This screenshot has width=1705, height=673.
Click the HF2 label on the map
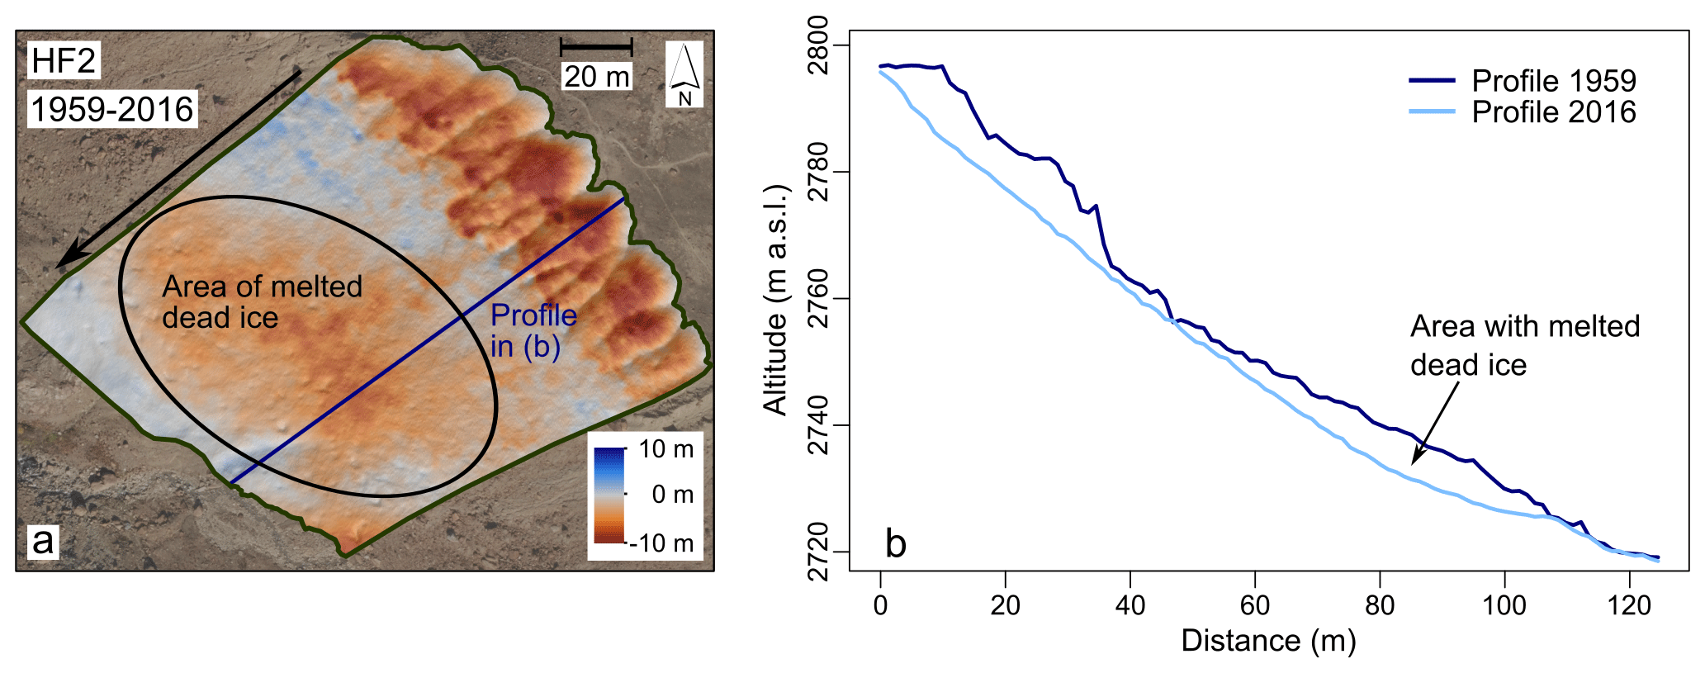[x=64, y=61]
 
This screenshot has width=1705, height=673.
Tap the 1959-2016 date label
[x=112, y=109]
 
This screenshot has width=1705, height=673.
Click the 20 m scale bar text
[x=596, y=77]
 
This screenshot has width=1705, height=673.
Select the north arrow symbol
[x=684, y=73]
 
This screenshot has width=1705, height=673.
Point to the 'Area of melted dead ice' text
[x=262, y=301]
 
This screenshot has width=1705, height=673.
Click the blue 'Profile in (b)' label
[x=533, y=330]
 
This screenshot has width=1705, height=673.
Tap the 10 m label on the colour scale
[x=665, y=449]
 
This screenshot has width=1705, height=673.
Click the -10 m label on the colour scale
[x=661, y=543]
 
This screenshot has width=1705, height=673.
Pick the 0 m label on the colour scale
[x=672, y=495]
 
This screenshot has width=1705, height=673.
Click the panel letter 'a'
[x=42, y=542]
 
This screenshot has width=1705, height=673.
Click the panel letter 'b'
[x=896, y=543]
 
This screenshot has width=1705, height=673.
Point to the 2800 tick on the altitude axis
[x=818, y=45]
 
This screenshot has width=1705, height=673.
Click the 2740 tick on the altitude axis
[x=818, y=425]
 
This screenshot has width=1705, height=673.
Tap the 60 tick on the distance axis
[x=1254, y=606]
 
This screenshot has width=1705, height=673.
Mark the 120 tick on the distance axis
[x=1629, y=606]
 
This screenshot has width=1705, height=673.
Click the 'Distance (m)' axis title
[x=1268, y=641]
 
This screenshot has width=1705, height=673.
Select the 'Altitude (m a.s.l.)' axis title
[x=776, y=299]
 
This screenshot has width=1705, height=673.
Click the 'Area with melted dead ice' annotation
[x=1524, y=345]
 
